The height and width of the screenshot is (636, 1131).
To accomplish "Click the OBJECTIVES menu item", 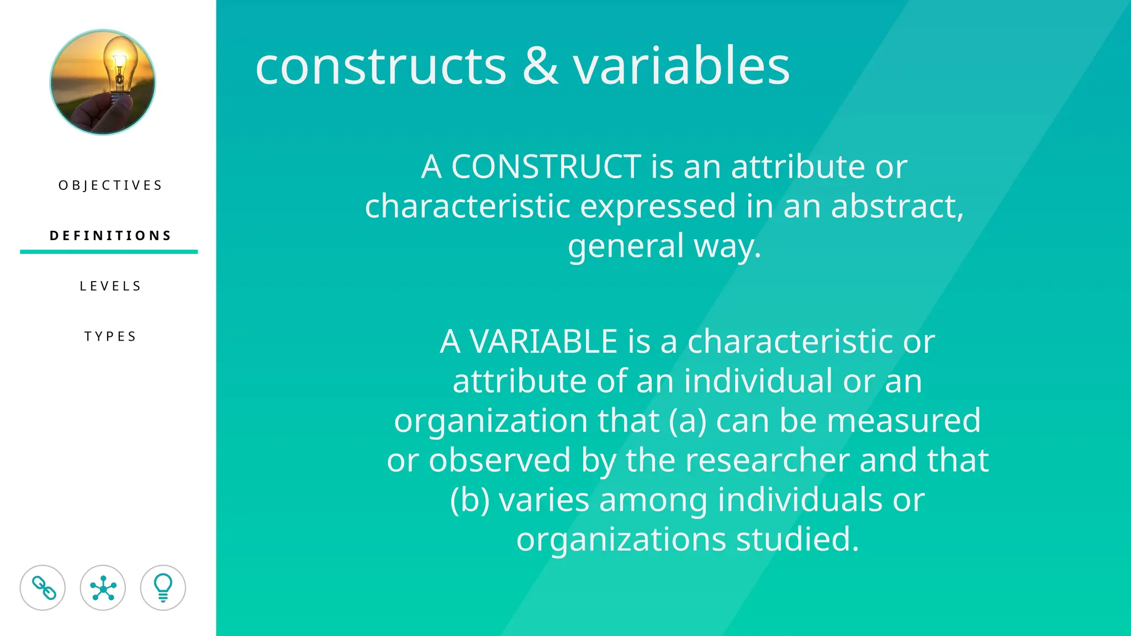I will (110, 185).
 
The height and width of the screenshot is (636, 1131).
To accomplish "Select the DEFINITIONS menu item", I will (110, 236).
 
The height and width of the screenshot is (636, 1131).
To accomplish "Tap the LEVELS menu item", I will (110, 286).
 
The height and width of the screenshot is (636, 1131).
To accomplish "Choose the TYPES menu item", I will (110, 336).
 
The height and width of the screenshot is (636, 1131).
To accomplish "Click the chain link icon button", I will (43, 587).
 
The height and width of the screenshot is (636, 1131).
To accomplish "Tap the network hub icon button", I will (103, 587).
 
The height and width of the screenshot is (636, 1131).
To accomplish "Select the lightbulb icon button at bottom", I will (163, 587).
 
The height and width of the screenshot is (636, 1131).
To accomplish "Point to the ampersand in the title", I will (540, 66).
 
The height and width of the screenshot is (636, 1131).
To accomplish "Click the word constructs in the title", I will (380, 66).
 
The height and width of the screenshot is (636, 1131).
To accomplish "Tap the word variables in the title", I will (681, 66).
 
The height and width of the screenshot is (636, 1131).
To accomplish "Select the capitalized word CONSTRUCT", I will (546, 166).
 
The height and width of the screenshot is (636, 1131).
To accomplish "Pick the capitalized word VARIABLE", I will (543, 341).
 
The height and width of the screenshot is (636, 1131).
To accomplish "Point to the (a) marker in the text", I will (688, 421).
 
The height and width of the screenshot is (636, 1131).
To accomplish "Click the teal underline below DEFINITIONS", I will (109, 252).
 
